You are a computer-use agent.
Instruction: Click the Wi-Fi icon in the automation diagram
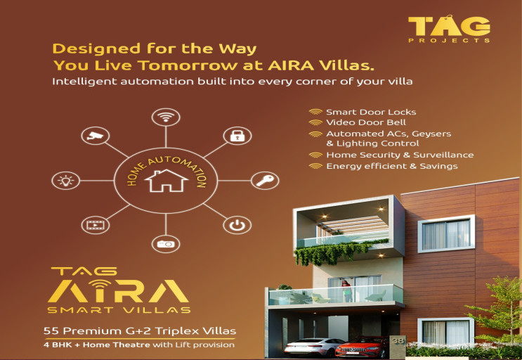[166, 117]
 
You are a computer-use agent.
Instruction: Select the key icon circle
[264, 181]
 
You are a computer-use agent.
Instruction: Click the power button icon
[237, 225]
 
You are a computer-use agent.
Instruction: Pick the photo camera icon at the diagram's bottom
[166, 244]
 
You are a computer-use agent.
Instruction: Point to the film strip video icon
[95, 225]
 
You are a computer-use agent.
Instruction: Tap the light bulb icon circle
[67, 181]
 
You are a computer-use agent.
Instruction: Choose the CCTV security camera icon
[95, 136]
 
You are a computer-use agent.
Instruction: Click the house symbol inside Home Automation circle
[166, 181]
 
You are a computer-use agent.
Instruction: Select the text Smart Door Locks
[371, 112]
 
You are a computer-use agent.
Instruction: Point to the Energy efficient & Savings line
[391, 167]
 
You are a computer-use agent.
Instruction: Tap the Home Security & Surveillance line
[399, 155]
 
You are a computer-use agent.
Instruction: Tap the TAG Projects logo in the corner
[449, 28]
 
